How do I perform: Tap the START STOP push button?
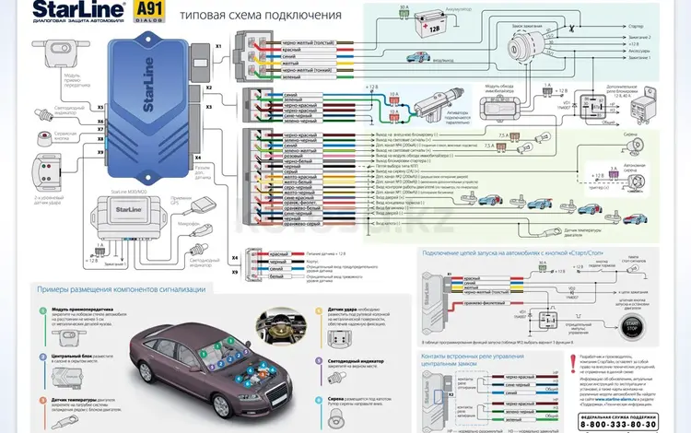point(633,328)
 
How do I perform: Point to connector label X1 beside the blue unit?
point(218,45)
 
